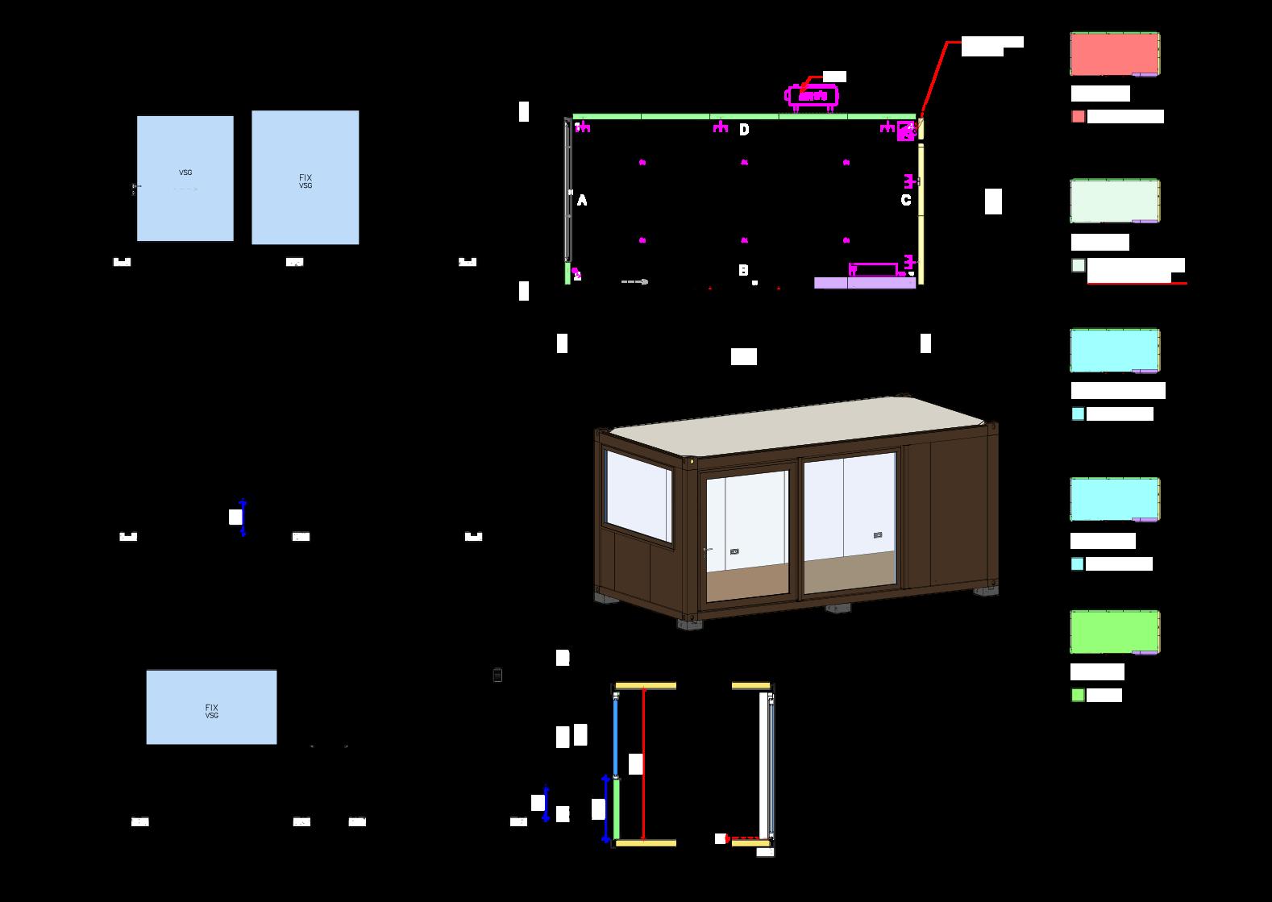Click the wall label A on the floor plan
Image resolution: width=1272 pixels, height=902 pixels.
click(582, 201)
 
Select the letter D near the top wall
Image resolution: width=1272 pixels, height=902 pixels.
click(744, 130)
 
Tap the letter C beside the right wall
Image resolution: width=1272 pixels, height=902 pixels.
click(906, 200)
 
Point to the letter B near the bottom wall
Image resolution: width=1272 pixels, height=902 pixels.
click(743, 271)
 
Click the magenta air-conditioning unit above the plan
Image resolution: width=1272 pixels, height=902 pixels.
click(812, 96)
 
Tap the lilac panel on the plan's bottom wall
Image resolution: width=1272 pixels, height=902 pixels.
click(864, 283)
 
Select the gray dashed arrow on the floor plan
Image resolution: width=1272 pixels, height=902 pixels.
click(634, 281)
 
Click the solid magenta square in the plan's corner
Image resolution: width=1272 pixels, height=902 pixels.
click(906, 130)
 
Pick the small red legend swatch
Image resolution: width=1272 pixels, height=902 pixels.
click(1078, 116)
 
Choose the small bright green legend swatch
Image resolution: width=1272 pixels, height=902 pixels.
click(1078, 695)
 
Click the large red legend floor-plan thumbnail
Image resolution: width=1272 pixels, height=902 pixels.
click(1114, 54)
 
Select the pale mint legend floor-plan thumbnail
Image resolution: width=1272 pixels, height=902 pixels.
click(1114, 201)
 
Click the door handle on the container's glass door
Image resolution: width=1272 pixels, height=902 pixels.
click(708, 551)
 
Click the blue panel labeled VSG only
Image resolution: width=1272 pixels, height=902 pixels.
click(185, 179)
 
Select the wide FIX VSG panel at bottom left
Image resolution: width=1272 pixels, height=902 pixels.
click(211, 707)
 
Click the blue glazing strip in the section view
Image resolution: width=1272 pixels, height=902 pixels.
click(615, 735)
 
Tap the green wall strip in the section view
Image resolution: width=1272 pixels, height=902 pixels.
click(617, 808)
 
